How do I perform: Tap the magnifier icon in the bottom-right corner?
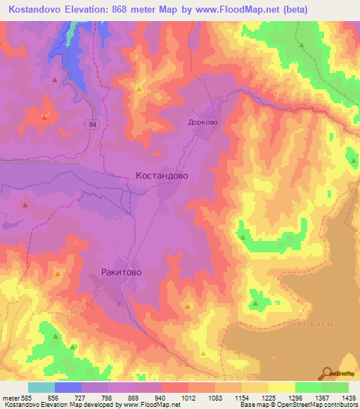tap(328, 372)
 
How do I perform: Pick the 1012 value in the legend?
tap(188, 397)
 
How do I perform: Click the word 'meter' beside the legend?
tap(9, 397)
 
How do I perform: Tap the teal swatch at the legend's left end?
tap(41, 387)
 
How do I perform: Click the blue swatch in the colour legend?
tap(67, 387)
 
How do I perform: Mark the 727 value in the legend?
tap(81, 397)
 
